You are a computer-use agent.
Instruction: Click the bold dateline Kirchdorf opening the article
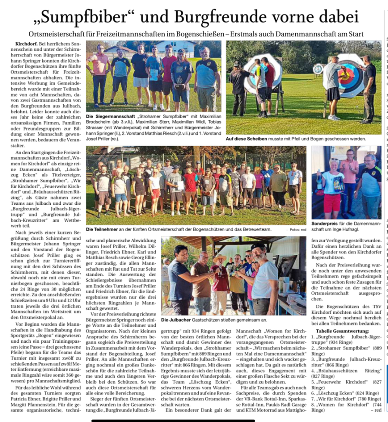coord(27,44)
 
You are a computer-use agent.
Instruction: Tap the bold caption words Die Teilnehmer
coord(102,228)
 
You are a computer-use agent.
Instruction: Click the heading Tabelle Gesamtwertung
coord(341,331)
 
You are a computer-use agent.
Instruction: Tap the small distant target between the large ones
coord(318,69)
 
